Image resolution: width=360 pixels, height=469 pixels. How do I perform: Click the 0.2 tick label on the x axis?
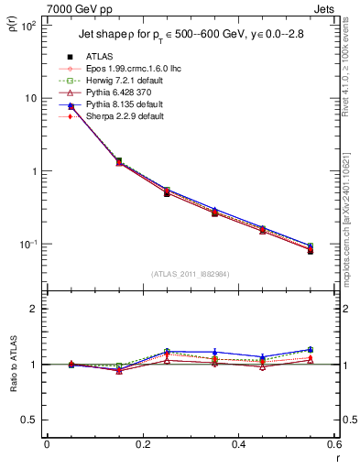(142, 444)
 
